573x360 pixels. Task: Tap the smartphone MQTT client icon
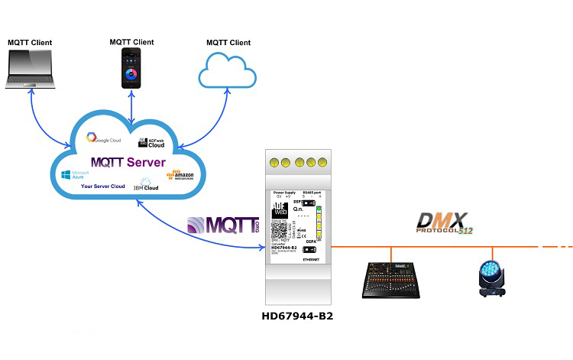click(x=134, y=70)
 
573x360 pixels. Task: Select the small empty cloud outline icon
click(x=226, y=73)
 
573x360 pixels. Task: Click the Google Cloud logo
click(x=104, y=138)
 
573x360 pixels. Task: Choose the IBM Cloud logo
click(x=145, y=184)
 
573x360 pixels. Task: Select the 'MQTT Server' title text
click(x=128, y=162)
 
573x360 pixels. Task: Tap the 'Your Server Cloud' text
click(x=103, y=186)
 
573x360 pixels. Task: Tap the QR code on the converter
click(x=280, y=229)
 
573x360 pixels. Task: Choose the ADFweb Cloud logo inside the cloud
click(x=151, y=141)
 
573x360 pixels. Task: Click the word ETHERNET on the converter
click(x=309, y=261)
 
